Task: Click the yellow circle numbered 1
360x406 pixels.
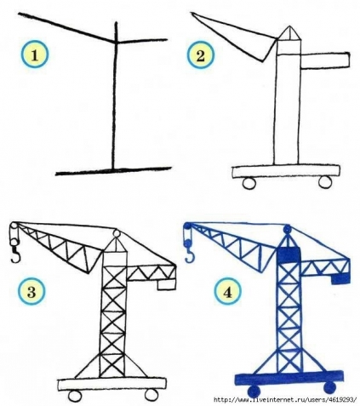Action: [x=36, y=56]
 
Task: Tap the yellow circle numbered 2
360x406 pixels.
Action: [x=201, y=56]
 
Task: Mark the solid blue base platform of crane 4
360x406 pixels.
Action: [x=289, y=376]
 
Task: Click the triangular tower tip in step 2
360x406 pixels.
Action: [x=290, y=39]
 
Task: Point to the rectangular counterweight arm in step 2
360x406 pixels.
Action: [x=326, y=60]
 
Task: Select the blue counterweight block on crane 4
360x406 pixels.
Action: [x=340, y=277]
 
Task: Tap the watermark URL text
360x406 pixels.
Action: [x=285, y=400]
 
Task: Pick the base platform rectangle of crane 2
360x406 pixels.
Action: [x=284, y=171]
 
